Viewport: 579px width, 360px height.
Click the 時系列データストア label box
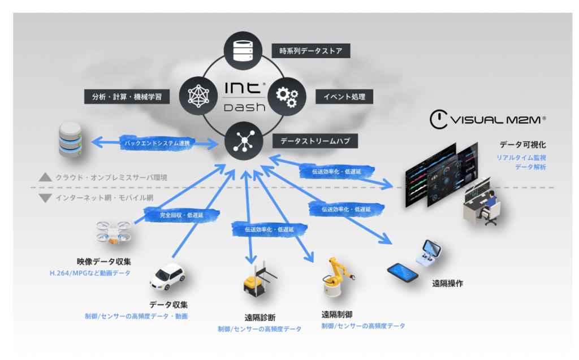310,51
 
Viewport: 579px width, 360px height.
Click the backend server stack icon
71,143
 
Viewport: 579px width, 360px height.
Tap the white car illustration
168,275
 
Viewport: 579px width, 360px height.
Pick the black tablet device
403,272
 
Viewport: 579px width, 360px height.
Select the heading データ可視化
522,145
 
